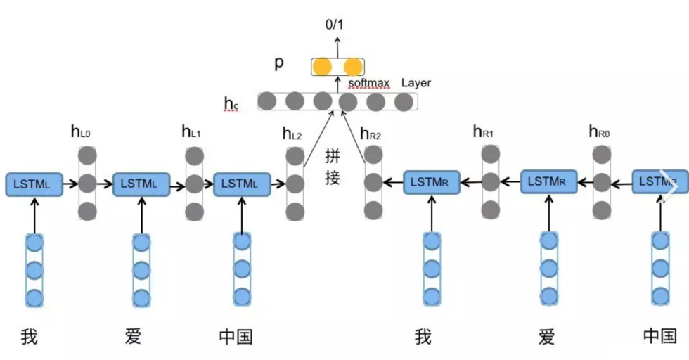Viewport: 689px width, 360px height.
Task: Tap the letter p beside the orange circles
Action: (x=279, y=63)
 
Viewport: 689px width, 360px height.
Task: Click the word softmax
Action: (x=368, y=83)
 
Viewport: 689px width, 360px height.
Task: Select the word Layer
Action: (x=416, y=83)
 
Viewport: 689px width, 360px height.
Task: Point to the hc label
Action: (x=231, y=105)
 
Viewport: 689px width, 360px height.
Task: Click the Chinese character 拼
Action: (x=333, y=155)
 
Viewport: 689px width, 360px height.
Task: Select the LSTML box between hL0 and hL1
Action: (x=141, y=184)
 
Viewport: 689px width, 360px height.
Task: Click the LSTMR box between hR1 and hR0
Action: (x=548, y=182)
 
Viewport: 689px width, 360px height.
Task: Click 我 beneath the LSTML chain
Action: (x=29, y=336)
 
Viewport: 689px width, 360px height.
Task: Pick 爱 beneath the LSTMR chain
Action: (x=547, y=336)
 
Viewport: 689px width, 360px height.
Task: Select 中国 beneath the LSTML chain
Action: (x=236, y=336)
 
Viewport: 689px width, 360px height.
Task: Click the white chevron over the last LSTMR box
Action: (x=671, y=187)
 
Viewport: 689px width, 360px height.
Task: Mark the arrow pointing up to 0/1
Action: (x=336, y=46)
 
